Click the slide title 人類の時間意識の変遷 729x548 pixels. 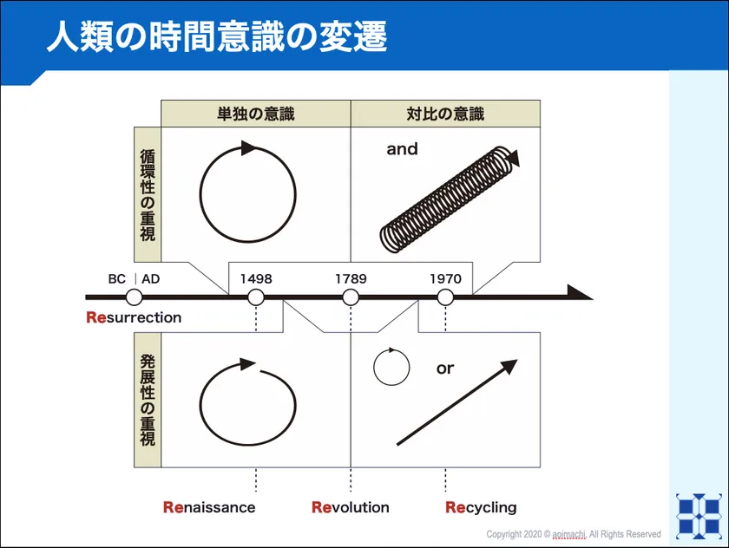216,38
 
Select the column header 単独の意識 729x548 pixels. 255,114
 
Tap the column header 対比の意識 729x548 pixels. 445,114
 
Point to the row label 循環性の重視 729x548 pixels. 148,195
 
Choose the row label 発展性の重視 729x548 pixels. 148,401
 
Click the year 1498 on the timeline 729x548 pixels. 256,279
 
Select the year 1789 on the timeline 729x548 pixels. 351,279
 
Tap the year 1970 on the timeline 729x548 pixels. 445,279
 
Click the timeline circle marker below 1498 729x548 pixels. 256,297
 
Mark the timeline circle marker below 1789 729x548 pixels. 351,297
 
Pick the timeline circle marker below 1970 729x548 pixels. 445,297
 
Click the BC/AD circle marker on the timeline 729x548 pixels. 134,297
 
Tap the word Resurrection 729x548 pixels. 134,317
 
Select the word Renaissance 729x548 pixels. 209,507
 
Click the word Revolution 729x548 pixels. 351,507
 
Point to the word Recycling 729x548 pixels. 481,507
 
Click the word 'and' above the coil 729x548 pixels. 402,149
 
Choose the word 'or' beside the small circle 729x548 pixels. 445,369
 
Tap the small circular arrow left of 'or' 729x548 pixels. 391,367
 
